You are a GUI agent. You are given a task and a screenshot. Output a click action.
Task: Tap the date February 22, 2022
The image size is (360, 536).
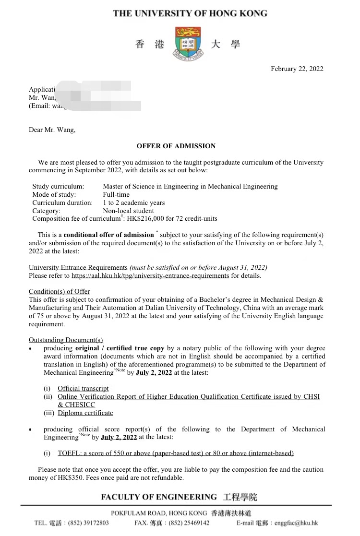pyautogui.click(x=297, y=69)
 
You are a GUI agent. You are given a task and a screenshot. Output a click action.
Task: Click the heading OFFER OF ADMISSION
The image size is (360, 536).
pyautogui.click(x=176, y=146)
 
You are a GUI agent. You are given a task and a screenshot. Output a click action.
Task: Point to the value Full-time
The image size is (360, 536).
pyautogui.click(x=116, y=194)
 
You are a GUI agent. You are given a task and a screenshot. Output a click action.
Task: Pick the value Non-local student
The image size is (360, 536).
pyautogui.click(x=128, y=211)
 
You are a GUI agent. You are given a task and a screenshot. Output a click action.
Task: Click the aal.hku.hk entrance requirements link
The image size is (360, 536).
pyautogui.click(x=150, y=275)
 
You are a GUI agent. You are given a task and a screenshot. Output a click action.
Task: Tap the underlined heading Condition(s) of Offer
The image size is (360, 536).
pyautogui.click(x=60, y=291)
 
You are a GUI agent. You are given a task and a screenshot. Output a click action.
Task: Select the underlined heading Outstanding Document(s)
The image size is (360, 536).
pyautogui.click(x=66, y=340)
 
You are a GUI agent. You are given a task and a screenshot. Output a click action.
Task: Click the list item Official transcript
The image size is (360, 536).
pyautogui.click(x=83, y=388)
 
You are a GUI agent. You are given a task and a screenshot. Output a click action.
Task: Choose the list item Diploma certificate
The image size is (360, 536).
pyautogui.click(x=85, y=413)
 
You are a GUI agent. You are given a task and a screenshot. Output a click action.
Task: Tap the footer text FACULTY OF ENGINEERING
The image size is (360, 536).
pyautogui.click(x=159, y=497)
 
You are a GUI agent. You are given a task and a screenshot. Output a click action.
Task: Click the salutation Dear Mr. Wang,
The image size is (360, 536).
pyautogui.click(x=52, y=130)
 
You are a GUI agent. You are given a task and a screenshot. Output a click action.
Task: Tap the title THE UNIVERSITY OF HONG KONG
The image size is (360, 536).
pyautogui.click(x=190, y=13)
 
